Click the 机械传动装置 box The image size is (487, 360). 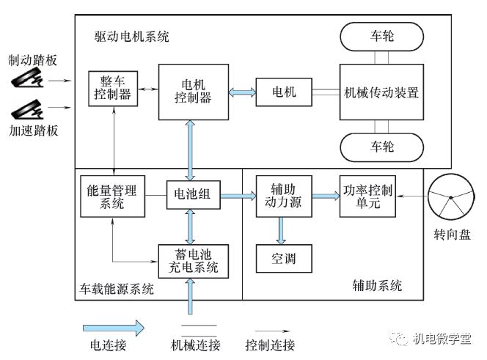pos(381,92)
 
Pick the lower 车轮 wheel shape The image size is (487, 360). pos(381,147)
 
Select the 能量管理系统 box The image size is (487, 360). pos(112,196)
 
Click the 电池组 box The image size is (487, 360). pos(189,196)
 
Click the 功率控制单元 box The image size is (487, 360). pos(367,196)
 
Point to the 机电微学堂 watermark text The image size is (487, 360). pos(440,339)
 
